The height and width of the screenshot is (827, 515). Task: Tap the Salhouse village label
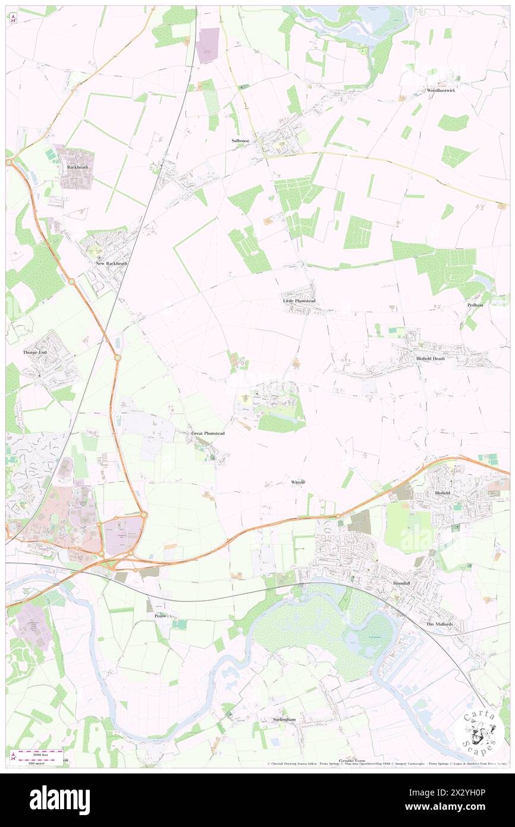click(241, 141)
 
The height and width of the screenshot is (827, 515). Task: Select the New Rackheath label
click(112, 263)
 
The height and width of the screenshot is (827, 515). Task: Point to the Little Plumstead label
click(300, 302)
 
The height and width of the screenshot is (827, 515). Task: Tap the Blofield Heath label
click(431, 359)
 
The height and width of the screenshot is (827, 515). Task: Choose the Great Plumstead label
click(208, 434)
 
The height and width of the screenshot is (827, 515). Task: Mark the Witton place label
click(299, 481)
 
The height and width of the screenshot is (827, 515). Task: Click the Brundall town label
click(401, 584)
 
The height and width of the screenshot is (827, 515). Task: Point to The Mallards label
click(439, 624)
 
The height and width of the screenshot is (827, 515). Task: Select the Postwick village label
click(163, 616)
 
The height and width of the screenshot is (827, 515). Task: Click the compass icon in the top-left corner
click(13, 18)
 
